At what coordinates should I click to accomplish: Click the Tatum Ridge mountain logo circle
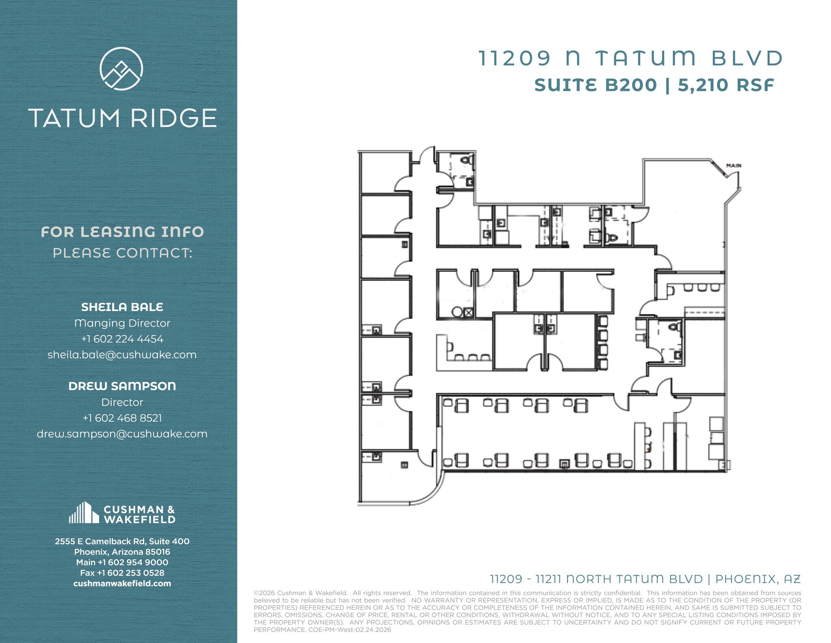[121, 68]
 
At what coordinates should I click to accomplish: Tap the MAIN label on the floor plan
[734, 166]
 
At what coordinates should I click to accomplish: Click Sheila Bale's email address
[122, 355]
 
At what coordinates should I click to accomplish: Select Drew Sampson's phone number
[122, 418]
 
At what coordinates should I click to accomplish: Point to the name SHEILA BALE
[122, 307]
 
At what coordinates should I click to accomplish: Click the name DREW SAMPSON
[122, 386]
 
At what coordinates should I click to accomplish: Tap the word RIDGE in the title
[174, 118]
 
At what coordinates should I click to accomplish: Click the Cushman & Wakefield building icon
[84, 513]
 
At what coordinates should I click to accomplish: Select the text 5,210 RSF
[726, 85]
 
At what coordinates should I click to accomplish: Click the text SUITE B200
[595, 85]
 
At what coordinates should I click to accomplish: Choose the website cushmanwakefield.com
[122, 584]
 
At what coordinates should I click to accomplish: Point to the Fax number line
[122, 573]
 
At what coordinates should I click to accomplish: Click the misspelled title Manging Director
[122, 323]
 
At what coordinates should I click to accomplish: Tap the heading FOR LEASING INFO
[122, 232]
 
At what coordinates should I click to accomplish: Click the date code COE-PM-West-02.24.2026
[350, 630]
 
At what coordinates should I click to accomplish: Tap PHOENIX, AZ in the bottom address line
[758, 579]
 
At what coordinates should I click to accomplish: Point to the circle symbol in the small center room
[457, 312]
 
